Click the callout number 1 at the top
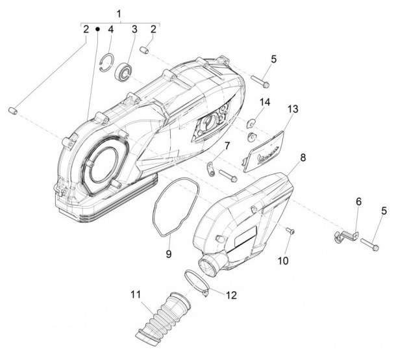pyautogui.click(x=119, y=14)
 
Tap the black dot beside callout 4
pyautogui.click(x=98, y=29)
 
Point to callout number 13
pyautogui.click(x=293, y=109)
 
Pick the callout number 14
pyautogui.click(x=264, y=102)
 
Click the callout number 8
pyautogui.click(x=303, y=158)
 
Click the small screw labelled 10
pyautogui.click(x=290, y=231)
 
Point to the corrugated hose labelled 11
pyautogui.click(x=163, y=317)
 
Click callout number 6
pyautogui.click(x=358, y=202)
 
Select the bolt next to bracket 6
pyautogui.click(x=369, y=244)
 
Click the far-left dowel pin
pyautogui.click(x=13, y=110)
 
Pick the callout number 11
pyautogui.click(x=136, y=294)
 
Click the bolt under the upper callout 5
pyautogui.click(x=260, y=81)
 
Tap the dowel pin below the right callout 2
pyautogui.click(x=144, y=50)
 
